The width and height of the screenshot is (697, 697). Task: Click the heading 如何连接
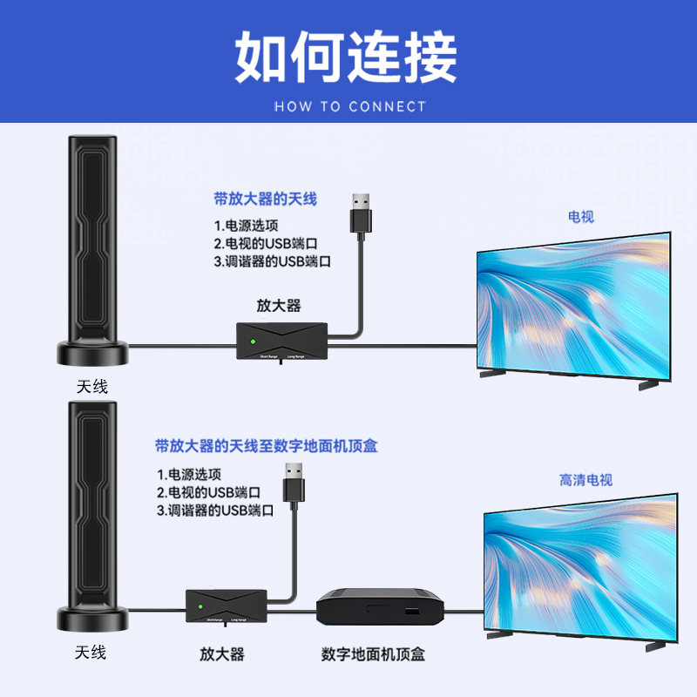click(346, 58)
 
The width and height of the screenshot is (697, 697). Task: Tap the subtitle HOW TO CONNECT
click(350, 107)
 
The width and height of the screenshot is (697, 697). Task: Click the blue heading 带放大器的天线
click(265, 199)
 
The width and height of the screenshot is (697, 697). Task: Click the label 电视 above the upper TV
click(580, 216)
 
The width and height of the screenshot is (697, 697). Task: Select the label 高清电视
click(585, 480)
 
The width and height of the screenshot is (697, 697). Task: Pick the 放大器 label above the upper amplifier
click(279, 305)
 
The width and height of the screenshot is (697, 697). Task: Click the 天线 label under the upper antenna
click(92, 385)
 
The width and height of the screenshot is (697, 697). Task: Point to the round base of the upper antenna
click(92, 353)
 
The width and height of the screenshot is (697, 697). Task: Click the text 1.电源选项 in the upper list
click(247, 225)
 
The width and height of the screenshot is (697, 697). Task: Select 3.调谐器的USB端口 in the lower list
click(215, 511)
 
